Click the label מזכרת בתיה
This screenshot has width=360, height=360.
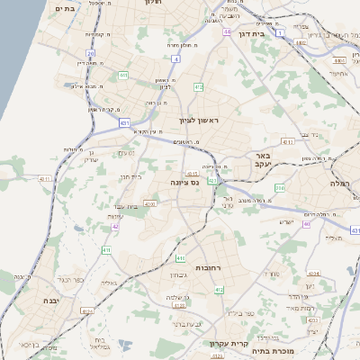[271, 351]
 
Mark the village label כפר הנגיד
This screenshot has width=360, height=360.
[71, 279]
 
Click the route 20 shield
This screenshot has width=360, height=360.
[90, 54]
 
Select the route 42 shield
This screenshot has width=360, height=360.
[115, 226]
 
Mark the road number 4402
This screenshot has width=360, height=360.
[339, 59]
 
